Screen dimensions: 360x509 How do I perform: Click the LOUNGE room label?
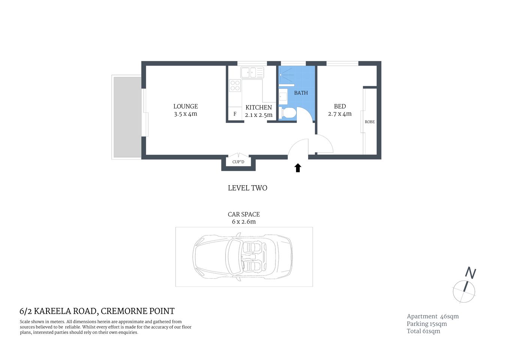tap(186, 106)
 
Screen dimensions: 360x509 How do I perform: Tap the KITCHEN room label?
tap(259, 108)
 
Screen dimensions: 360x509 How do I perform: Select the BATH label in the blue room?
tap(301, 93)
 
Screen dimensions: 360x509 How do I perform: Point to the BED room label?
tap(340, 106)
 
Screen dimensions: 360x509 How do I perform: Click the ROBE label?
tap(370, 122)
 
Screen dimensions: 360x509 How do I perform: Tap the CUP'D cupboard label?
tap(238, 162)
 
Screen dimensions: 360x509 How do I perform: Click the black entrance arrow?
tap(298, 168)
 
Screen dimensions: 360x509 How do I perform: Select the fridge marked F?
tap(235, 114)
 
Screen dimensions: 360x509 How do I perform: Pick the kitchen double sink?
tap(252, 72)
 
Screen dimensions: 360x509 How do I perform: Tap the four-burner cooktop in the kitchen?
tap(235, 86)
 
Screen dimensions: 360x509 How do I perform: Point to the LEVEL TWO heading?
tap(247, 188)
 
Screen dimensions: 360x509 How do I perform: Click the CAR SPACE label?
tap(244, 214)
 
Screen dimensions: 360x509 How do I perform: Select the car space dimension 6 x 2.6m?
tap(244, 222)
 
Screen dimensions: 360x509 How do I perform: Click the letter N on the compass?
tap(470, 273)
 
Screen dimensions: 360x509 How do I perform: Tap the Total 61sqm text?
tap(424, 331)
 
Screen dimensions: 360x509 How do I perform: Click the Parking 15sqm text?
tap(427, 324)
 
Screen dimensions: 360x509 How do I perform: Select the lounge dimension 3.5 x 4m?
tap(186, 114)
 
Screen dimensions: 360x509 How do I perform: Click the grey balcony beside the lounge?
tap(127, 117)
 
